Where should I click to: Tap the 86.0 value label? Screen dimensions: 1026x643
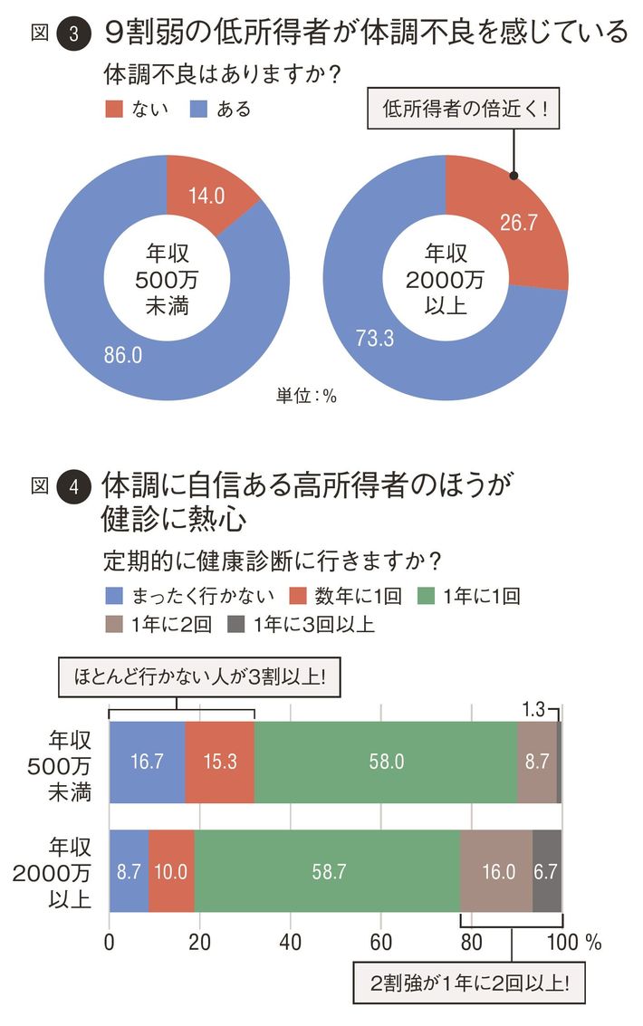[x=123, y=356]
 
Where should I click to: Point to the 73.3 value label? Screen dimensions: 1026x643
[x=373, y=340]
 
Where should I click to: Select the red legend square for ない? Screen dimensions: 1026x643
[x=114, y=110]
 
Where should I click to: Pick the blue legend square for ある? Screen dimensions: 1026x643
[x=199, y=110]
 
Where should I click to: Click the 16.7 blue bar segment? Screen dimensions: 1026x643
[x=147, y=762]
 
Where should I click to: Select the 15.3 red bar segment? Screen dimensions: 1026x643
[x=220, y=762]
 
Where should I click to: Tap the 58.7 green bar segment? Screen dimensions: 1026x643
[x=327, y=871]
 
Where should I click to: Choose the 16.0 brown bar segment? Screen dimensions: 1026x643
[x=496, y=871]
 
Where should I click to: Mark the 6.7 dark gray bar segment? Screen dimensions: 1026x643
[x=547, y=871]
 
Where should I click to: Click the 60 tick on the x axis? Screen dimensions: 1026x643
[x=381, y=941]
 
